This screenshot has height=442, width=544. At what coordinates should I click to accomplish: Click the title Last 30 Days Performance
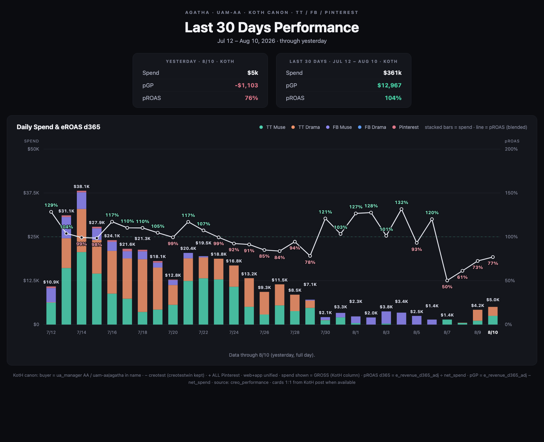point(272,27)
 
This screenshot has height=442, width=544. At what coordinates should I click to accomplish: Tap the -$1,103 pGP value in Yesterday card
point(247,85)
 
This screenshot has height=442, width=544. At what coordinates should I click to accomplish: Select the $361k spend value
point(392,73)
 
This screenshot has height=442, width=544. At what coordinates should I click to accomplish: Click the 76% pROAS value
point(251,98)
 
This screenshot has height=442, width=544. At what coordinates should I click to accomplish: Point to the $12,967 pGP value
point(390,85)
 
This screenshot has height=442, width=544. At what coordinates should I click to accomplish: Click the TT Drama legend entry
point(305,127)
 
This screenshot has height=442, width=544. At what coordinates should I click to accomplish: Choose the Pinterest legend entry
point(406,127)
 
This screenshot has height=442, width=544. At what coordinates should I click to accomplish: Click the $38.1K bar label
point(82,187)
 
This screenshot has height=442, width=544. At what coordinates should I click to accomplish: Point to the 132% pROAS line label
point(402,203)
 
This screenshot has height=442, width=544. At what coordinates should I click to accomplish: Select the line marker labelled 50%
point(447,280)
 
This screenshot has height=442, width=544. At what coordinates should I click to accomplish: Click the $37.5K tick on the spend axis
point(31,193)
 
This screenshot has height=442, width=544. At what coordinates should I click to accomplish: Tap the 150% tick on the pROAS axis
point(511,193)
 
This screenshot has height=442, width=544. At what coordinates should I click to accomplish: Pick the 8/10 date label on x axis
point(493,333)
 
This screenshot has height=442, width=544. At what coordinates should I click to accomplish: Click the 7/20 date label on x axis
point(173,333)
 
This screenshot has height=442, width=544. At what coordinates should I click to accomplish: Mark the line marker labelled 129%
point(51,212)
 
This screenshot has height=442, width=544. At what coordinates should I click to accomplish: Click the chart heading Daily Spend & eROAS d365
point(58,127)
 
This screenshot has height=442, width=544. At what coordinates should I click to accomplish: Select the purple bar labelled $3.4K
point(402,319)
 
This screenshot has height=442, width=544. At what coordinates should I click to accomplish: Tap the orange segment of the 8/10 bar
point(493,311)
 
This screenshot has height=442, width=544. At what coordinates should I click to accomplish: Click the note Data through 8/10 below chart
point(272,355)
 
